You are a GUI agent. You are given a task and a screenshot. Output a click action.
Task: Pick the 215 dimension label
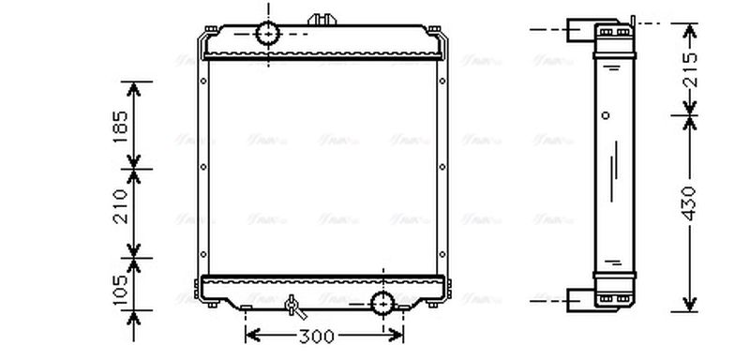pos(690,70)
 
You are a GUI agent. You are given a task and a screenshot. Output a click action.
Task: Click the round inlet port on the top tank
pos(268,34)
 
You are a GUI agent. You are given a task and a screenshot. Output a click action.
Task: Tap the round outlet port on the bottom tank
pos(383,303)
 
